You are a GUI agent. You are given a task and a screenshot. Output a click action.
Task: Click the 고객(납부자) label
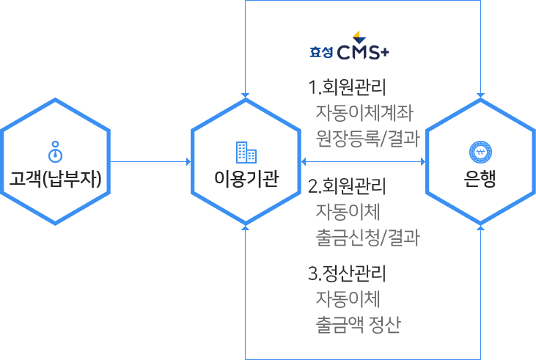55,178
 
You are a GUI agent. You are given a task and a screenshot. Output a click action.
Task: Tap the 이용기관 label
246,178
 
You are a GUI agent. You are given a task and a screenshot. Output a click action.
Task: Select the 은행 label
480,178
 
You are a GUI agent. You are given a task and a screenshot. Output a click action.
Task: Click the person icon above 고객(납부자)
55,151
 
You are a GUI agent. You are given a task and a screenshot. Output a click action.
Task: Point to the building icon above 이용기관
246,152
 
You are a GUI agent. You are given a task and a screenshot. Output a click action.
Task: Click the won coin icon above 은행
480,152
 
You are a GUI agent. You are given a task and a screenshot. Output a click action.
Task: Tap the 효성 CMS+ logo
349,46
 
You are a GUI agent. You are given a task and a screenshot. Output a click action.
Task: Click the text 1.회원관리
348,89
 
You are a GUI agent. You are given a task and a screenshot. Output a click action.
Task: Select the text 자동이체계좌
364,113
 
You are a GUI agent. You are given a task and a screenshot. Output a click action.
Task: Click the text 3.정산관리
348,275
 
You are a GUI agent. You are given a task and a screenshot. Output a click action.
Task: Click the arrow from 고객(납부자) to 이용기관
150,161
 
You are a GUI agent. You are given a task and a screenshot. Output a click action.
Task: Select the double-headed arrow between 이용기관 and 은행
363,161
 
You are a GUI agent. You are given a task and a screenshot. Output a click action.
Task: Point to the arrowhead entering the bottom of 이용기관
246,228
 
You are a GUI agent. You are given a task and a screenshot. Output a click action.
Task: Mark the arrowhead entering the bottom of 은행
480,228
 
